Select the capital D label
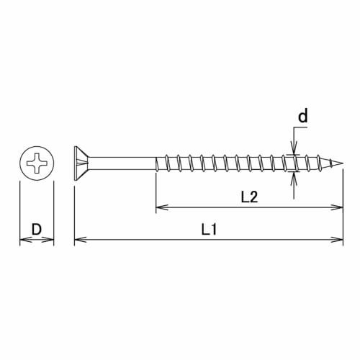pyautogui.click(x=35, y=230)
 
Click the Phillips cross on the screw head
pyautogui.click(x=37, y=164)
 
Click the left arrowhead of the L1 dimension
pyautogui.click(x=78, y=239)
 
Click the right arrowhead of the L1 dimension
pyautogui.click(x=339, y=239)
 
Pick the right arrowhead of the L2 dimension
pyautogui.click(x=339, y=208)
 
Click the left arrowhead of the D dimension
pyautogui.click(x=22, y=239)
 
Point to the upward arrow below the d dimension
pyautogui.click(x=293, y=178)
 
